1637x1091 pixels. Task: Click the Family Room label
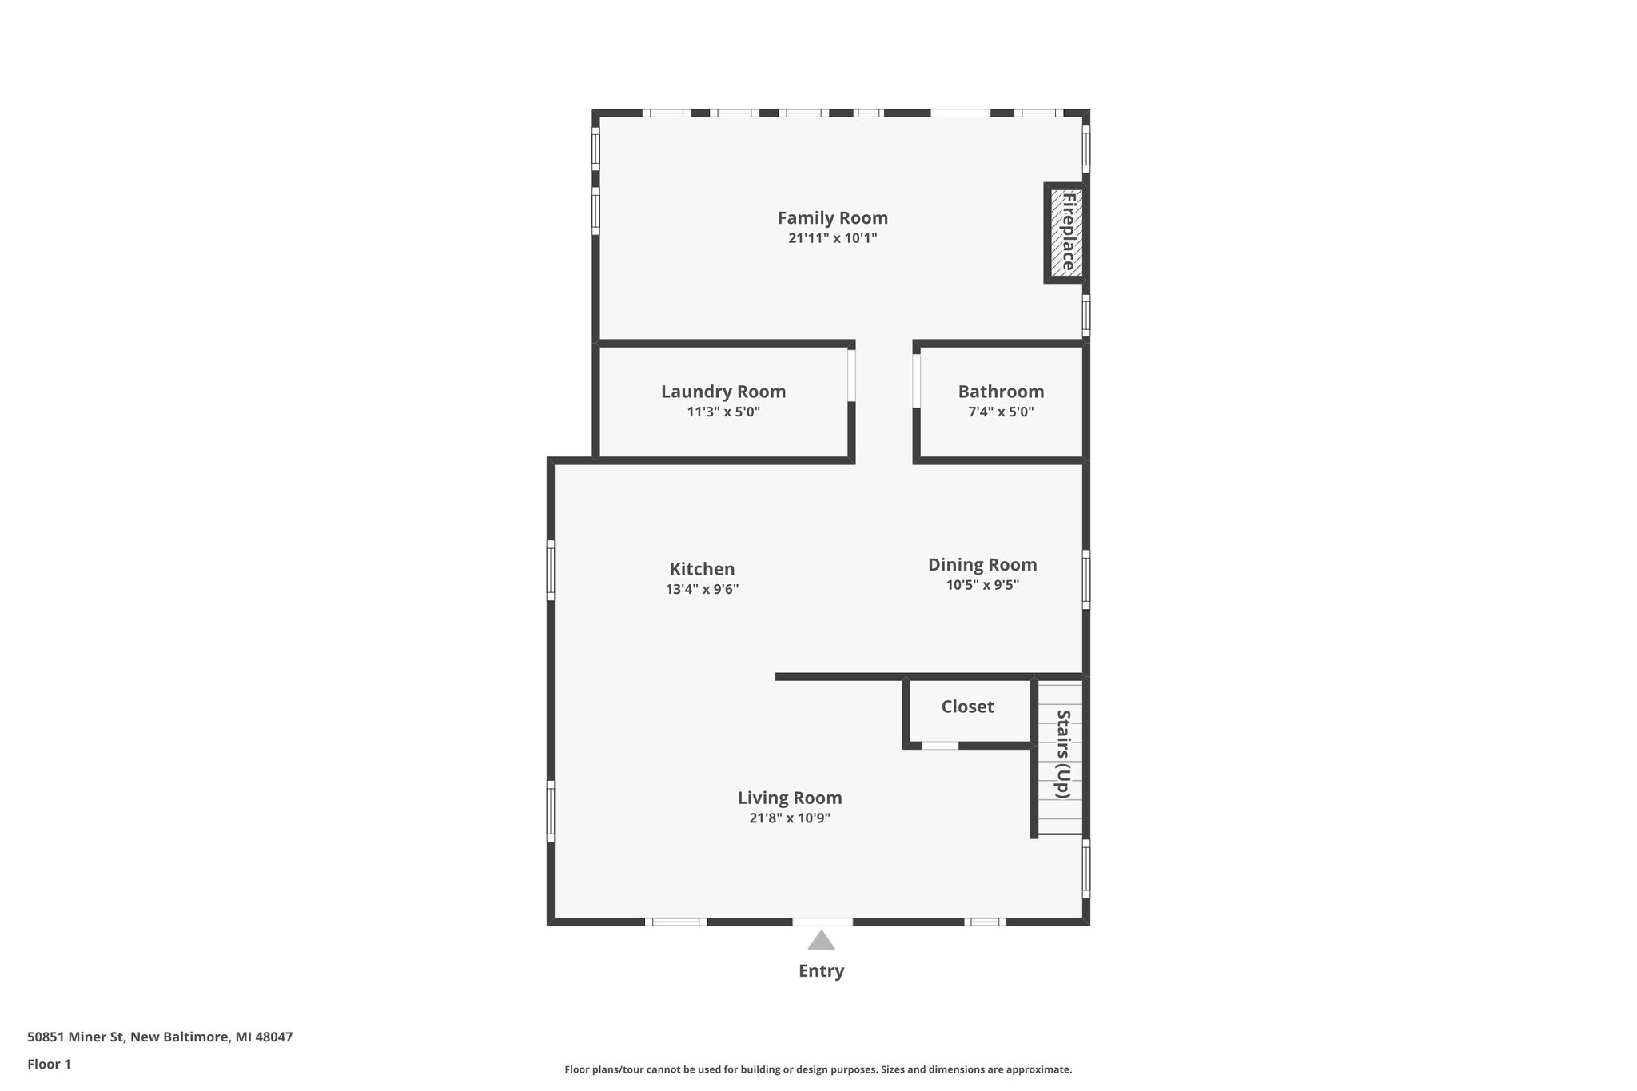(832, 217)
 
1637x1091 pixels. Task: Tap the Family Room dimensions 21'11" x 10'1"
(832, 238)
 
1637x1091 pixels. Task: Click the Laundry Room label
(723, 392)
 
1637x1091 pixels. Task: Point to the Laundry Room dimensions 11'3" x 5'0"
(723, 412)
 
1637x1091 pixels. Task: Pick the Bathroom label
(1001, 392)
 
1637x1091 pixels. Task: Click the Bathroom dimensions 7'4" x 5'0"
(1001, 412)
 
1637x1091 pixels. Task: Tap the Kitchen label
(702, 569)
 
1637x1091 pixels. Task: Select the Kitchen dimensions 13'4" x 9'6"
(702, 590)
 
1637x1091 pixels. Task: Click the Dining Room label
(982, 564)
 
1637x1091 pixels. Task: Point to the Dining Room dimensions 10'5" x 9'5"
(982, 585)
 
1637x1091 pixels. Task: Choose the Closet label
(967, 707)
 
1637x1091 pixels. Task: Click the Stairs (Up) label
(1062, 754)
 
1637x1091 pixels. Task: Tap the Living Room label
(789, 798)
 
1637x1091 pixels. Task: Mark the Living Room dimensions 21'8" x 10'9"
(789, 818)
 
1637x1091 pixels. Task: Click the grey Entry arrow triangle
(821, 942)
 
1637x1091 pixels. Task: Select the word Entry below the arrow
(821, 971)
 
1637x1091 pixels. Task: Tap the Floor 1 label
(49, 1065)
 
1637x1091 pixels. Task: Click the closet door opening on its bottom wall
(940, 746)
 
